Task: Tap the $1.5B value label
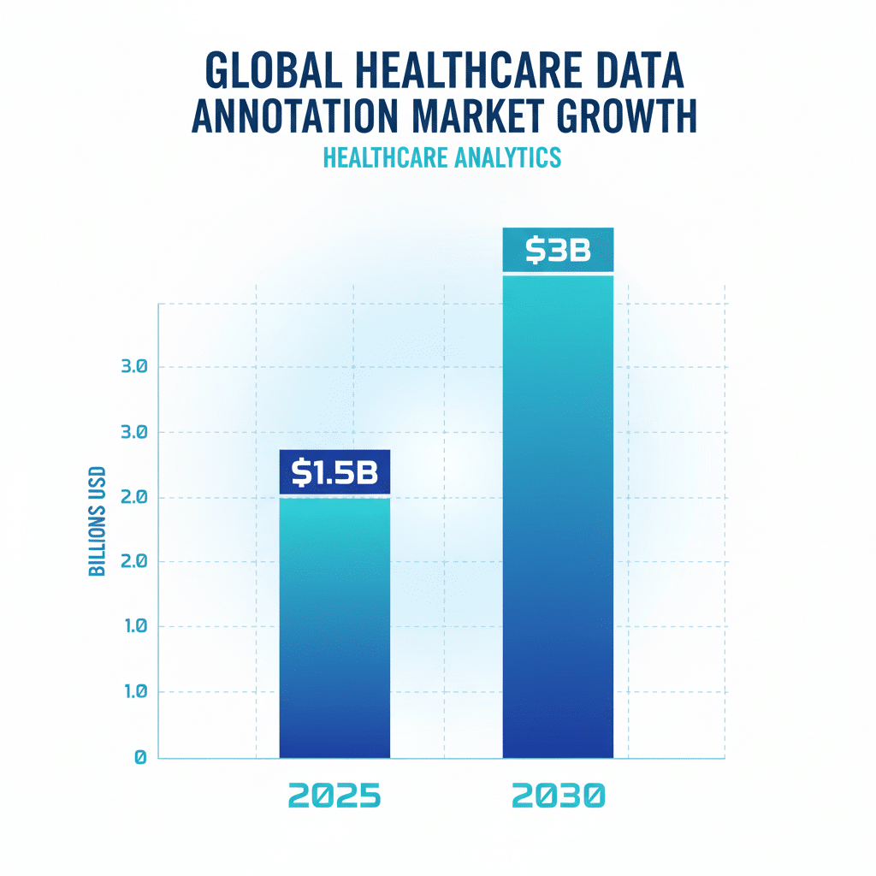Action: [334, 472]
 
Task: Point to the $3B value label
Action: [558, 250]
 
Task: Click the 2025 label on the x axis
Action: [334, 796]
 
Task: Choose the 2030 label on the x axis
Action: [558, 796]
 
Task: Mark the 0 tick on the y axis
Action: [140, 757]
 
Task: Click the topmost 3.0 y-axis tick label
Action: [134, 367]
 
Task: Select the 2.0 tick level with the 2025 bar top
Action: [134, 497]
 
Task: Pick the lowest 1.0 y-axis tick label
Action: [134, 691]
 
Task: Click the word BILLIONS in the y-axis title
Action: [97, 541]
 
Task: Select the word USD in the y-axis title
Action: [97, 483]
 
